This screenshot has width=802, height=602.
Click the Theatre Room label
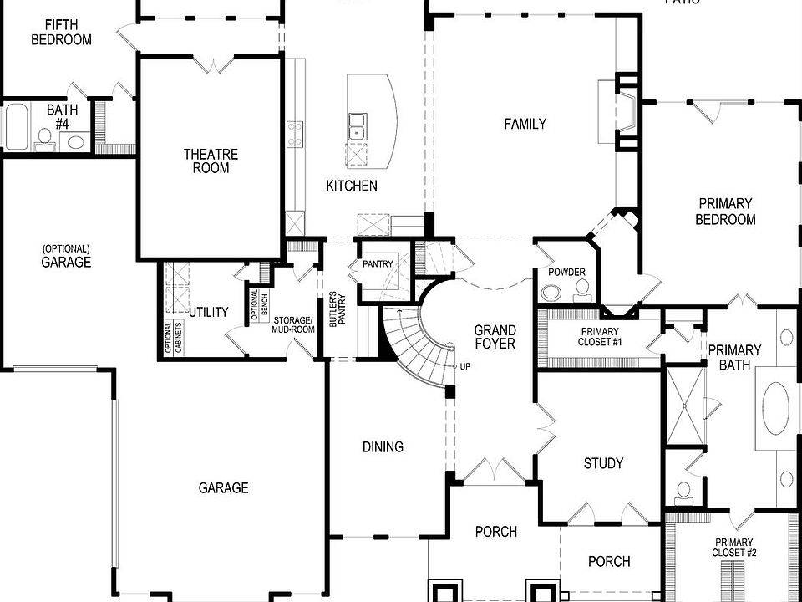211,161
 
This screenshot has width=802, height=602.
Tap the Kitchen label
351,186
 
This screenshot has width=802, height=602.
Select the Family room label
525,124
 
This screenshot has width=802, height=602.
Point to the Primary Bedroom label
726,211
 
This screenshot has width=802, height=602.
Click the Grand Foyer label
495,336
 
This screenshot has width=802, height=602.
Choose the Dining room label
383,446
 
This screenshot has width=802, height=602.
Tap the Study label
603,463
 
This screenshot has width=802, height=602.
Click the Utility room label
208,312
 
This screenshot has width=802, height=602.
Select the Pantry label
377,264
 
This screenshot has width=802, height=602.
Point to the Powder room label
566,273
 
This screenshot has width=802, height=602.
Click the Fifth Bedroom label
61,32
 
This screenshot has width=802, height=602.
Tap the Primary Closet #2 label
733,547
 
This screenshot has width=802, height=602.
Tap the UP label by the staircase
464,367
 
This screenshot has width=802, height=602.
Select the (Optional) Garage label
65,255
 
